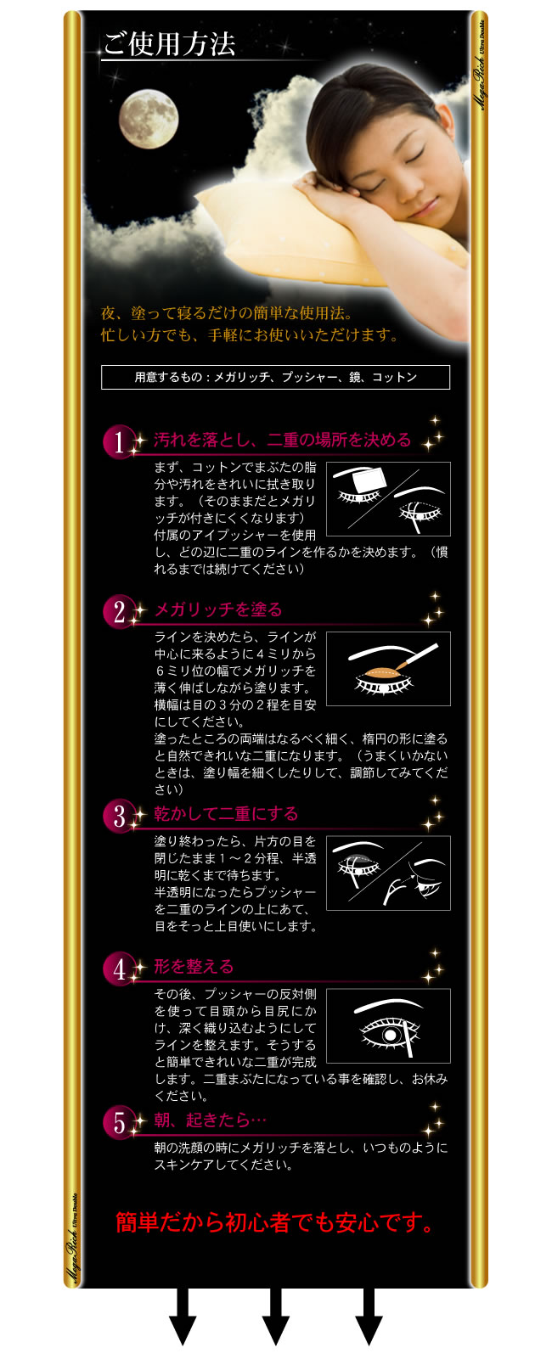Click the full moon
[148, 119]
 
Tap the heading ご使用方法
[170, 44]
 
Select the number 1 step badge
[119, 441]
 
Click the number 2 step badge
[119, 611]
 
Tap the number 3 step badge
[119, 816]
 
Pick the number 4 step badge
[119, 969]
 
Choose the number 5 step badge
[119, 1122]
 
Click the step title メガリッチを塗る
[218, 609]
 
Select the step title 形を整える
[194, 967]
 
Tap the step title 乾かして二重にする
[226, 813]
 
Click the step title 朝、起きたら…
[210, 1120]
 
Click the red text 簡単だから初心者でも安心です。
[274, 1222]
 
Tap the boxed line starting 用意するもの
[276, 377]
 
